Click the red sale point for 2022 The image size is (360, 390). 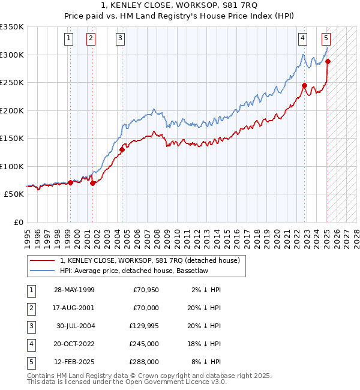(305, 85)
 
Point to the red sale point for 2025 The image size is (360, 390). (328, 61)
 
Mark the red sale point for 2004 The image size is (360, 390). (122, 149)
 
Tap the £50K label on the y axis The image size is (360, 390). (14, 194)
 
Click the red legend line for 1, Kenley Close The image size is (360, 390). (41, 260)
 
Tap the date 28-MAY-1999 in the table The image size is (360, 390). (74, 290)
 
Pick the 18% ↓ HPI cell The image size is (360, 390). (204, 344)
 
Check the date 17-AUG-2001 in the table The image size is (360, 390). (74, 308)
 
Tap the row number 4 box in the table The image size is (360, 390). (30, 344)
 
